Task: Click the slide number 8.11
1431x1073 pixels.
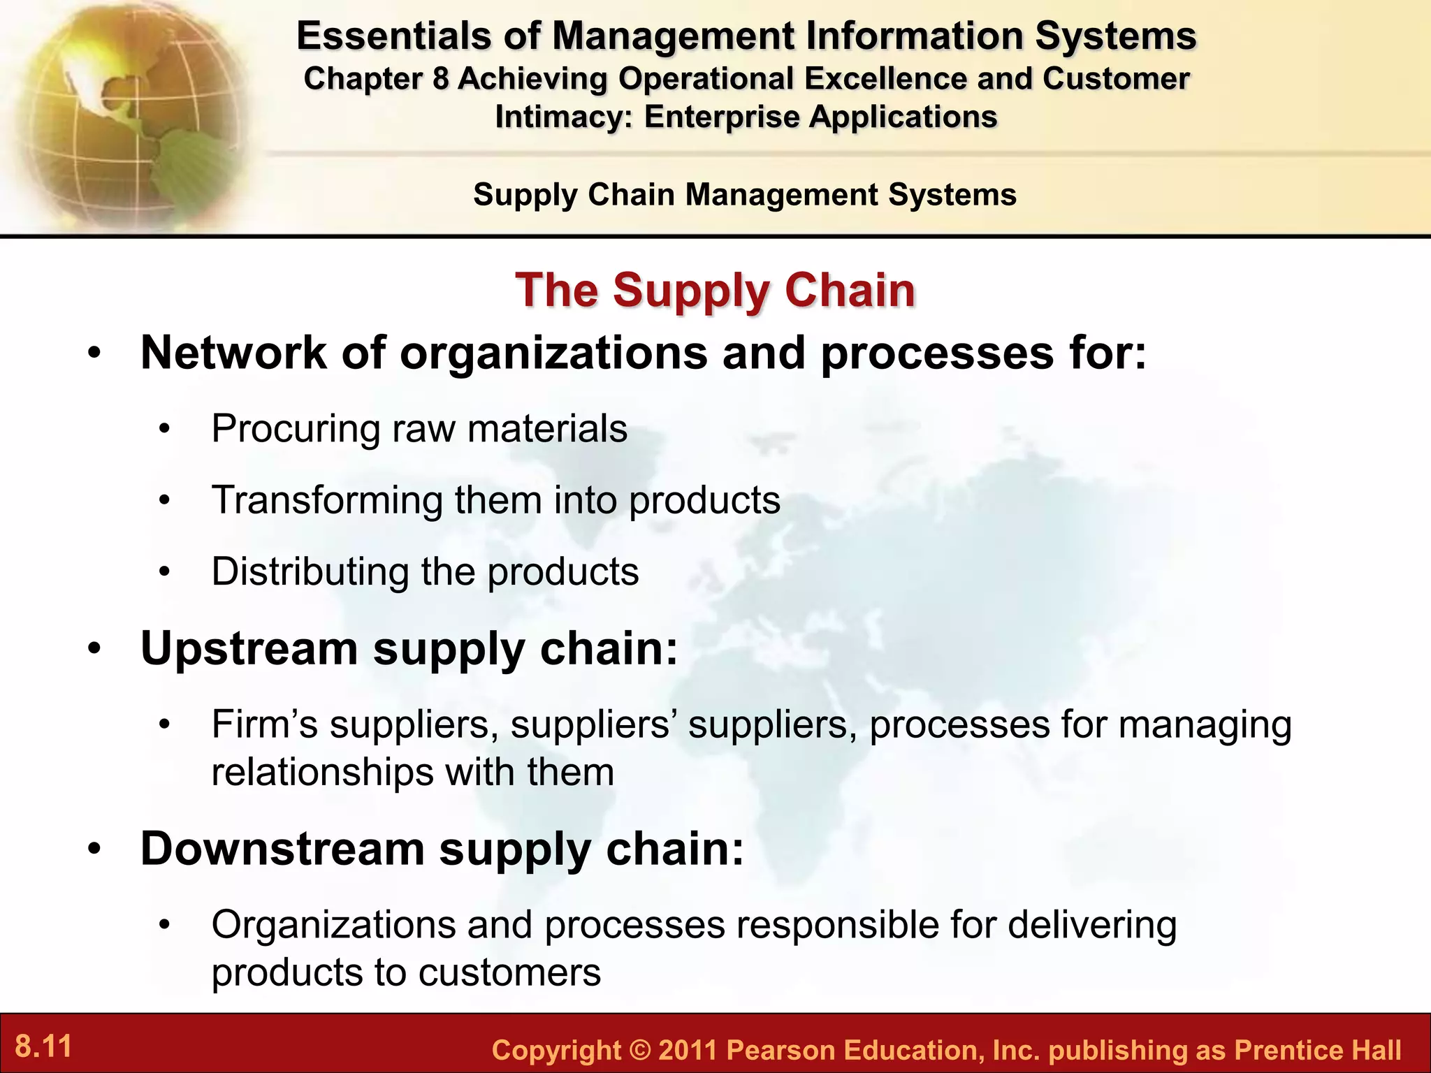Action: point(44,1046)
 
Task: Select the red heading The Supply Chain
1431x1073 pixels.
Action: point(715,290)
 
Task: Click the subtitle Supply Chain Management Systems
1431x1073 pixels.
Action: point(744,194)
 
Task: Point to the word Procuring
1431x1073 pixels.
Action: point(296,429)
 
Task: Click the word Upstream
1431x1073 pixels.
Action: point(249,649)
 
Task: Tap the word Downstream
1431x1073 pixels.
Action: point(282,849)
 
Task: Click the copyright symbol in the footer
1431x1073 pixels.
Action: point(639,1051)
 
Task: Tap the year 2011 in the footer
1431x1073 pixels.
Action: point(688,1051)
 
